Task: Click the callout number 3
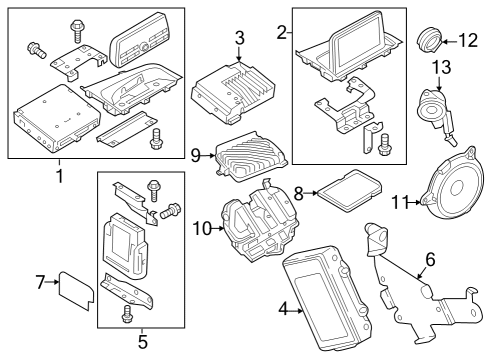tap(239, 38)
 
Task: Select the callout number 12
tap(468, 41)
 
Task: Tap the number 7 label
tap(40, 282)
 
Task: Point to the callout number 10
tap(202, 229)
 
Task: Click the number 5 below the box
tap(143, 341)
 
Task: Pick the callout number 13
tap(442, 67)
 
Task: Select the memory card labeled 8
tap(349, 190)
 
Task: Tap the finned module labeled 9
tap(250, 156)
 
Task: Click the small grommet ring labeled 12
tap(430, 41)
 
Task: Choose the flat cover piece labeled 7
tap(76, 290)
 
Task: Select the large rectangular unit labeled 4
tap(327, 298)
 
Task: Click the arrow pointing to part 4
tap(295, 311)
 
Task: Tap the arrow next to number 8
tap(311, 193)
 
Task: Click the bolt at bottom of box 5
tap(126, 314)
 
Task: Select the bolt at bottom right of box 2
tap(384, 144)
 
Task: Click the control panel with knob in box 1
tap(139, 39)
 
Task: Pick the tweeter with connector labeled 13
tap(436, 114)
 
